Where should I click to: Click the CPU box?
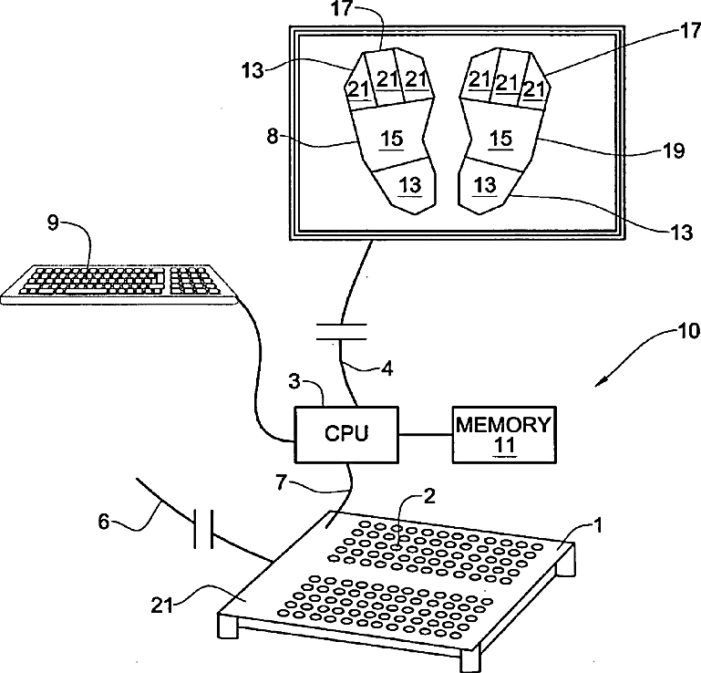[x=346, y=434]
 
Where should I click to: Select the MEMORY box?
[x=504, y=435]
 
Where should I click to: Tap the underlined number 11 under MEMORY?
[x=504, y=446]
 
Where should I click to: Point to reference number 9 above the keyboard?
[x=53, y=223]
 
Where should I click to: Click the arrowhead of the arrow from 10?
[x=601, y=381]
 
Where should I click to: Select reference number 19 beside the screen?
[x=675, y=151]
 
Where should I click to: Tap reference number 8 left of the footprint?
[x=273, y=137]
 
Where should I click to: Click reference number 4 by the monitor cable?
[x=387, y=369]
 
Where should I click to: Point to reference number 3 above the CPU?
[x=294, y=382]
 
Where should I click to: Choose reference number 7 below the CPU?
[x=281, y=482]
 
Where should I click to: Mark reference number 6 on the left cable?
[x=104, y=522]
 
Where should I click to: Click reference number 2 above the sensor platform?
[x=429, y=496]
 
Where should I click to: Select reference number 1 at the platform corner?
[x=598, y=525]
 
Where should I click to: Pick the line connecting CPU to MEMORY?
[x=425, y=434]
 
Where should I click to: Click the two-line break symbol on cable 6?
[x=203, y=529]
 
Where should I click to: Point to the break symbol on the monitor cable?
[x=342, y=332]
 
